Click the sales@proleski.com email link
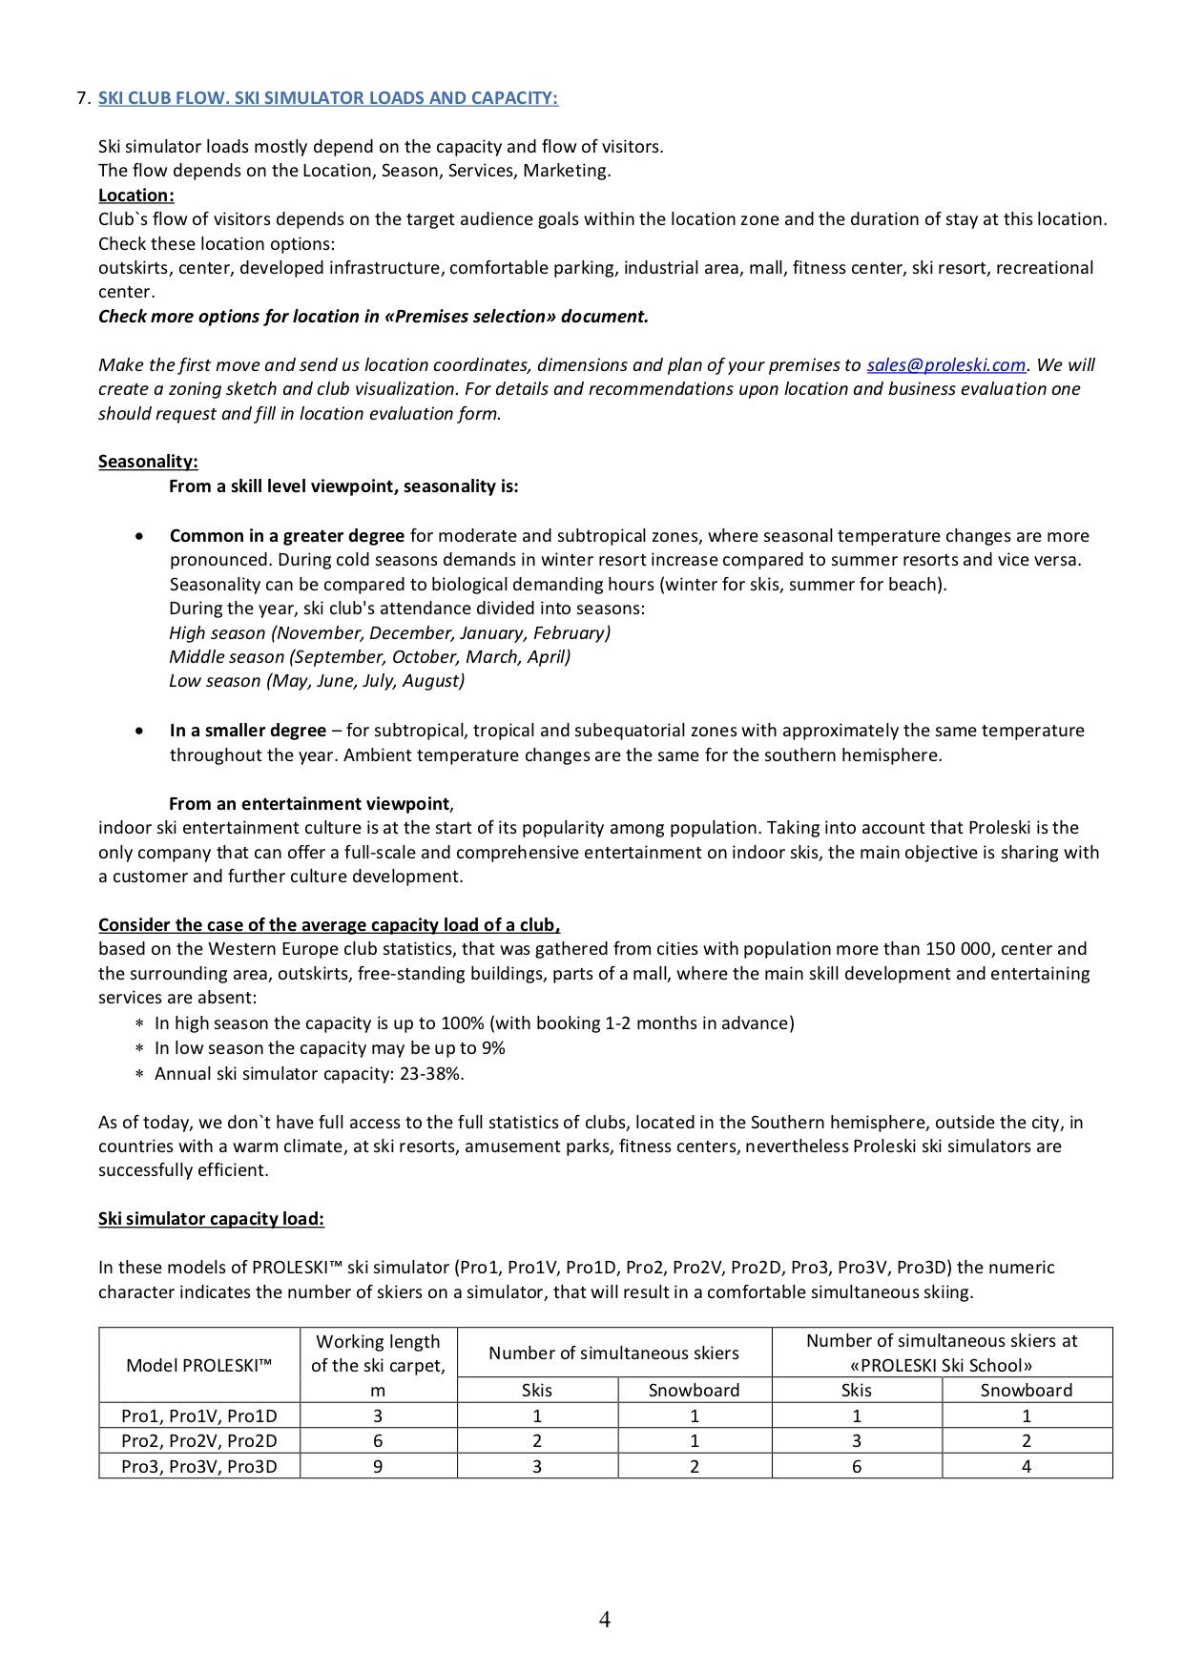(945, 365)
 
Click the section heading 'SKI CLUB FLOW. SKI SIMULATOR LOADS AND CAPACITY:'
(327, 98)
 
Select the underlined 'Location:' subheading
(135, 196)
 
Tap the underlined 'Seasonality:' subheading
(148, 462)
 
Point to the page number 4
(605, 1619)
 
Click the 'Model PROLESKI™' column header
(198, 1365)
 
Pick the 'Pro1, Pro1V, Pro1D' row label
(198, 1416)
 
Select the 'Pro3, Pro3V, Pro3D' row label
(198, 1466)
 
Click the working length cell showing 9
(378, 1466)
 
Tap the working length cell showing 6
(378, 1441)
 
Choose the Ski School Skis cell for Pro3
(856, 1466)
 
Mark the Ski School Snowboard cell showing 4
(1026, 1466)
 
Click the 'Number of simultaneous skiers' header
(613, 1353)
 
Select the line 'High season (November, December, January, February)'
(389, 633)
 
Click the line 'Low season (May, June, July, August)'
(317, 681)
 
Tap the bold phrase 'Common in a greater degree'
(286, 536)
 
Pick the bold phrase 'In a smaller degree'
(248, 731)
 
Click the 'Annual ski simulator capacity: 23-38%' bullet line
(309, 1074)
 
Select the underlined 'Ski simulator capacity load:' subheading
(211, 1219)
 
